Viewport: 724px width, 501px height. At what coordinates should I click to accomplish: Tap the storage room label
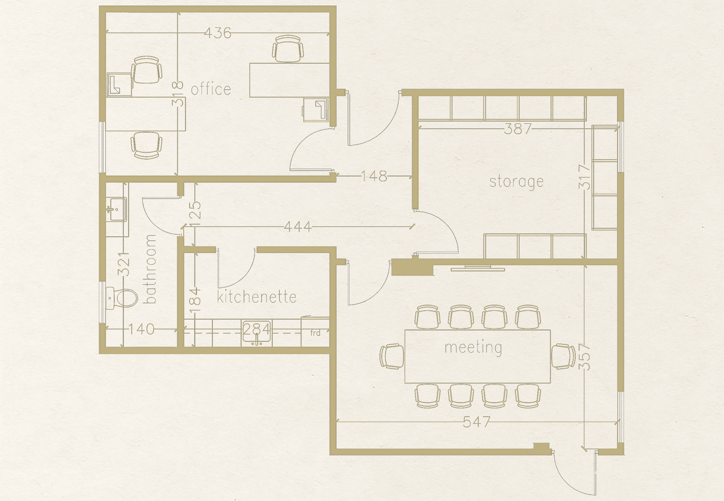(516, 182)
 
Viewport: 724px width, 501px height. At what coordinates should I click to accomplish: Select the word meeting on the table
(473, 348)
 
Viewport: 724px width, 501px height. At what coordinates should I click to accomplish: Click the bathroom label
(150, 269)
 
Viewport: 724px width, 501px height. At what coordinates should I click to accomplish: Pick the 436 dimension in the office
(218, 33)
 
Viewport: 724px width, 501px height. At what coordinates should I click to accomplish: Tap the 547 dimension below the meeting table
(476, 422)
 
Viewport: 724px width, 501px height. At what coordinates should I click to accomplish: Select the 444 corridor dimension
(298, 227)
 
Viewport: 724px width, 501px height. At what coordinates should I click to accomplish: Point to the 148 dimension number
(374, 176)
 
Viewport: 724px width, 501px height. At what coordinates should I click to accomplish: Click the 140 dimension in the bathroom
(141, 329)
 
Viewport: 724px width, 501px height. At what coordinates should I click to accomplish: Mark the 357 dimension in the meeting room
(584, 357)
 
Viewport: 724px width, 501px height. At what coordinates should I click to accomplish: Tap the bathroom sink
(116, 209)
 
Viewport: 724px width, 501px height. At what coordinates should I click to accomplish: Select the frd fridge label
(315, 333)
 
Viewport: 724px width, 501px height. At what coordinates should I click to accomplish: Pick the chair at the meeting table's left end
(392, 356)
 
